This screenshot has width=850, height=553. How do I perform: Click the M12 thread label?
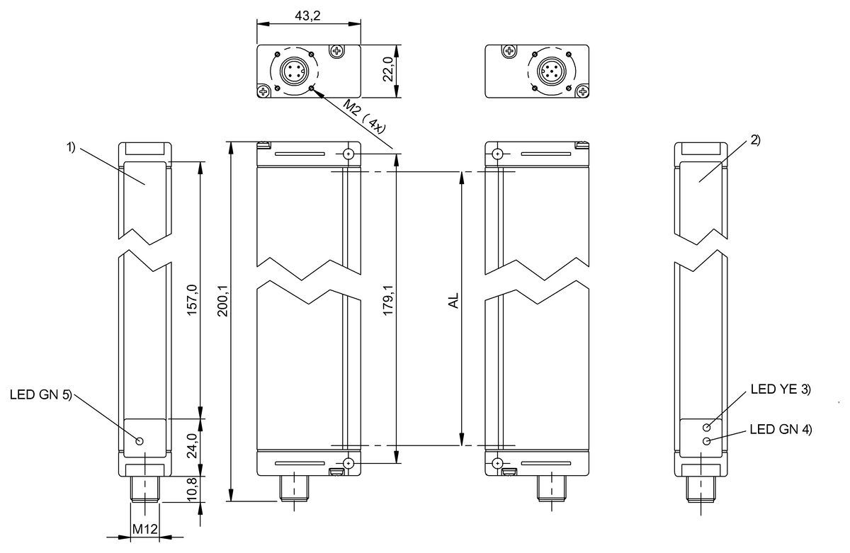point(146,530)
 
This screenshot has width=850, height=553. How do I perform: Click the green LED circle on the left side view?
point(139,441)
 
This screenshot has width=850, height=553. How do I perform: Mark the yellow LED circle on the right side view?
point(707,428)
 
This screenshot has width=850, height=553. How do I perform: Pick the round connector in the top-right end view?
point(550,71)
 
